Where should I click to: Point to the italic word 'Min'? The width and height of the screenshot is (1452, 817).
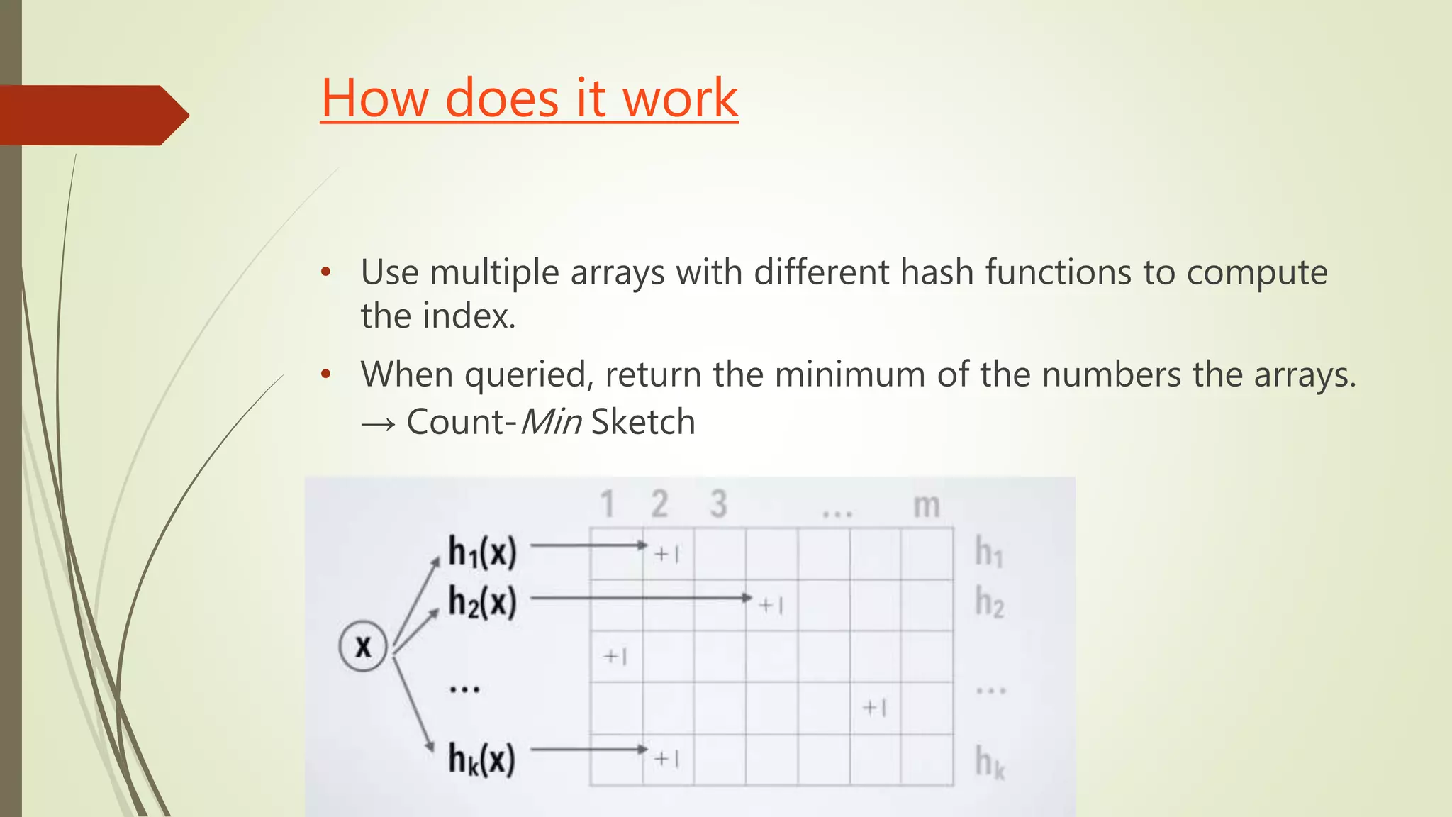click(551, 422)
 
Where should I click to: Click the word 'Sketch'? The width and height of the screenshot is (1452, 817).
click(643, 422)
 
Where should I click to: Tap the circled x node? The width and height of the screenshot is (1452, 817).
click(363, 646)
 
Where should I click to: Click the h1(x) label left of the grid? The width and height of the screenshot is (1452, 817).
click(482, 551)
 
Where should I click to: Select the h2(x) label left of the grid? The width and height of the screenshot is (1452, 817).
click(482, 601)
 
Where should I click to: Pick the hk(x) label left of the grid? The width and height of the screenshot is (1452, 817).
click(481, 759)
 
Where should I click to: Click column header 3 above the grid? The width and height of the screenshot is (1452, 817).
click(718, 504)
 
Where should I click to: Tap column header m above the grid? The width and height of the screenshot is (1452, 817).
click(926, 506)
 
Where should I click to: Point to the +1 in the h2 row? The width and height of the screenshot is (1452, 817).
click(771, 605)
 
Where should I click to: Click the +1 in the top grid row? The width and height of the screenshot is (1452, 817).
click(667, 554)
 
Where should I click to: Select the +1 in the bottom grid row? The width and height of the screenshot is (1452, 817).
click(667, 759)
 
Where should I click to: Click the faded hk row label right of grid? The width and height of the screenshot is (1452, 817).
click(990, 762)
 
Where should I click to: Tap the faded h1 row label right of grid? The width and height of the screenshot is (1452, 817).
click(989, 552)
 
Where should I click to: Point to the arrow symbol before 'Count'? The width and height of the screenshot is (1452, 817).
click(378, 424)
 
